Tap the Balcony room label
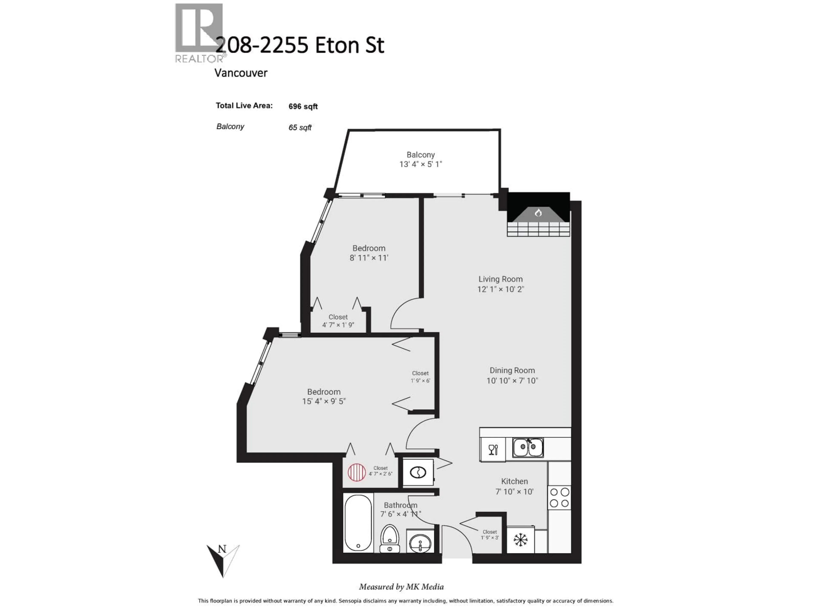coord(421,155)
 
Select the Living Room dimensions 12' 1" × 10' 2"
coord(500,289)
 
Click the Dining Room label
coord(512,371)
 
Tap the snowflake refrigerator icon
coord(520,540)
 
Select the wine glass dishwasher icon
coord(493,450)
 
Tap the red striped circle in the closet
coord(356,473)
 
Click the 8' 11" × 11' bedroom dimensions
coord(369,258)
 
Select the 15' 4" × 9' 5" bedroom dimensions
coord(324,401)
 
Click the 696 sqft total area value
coord(303,107)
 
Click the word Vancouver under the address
coord(241,73)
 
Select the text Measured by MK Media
coord(401,587)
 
